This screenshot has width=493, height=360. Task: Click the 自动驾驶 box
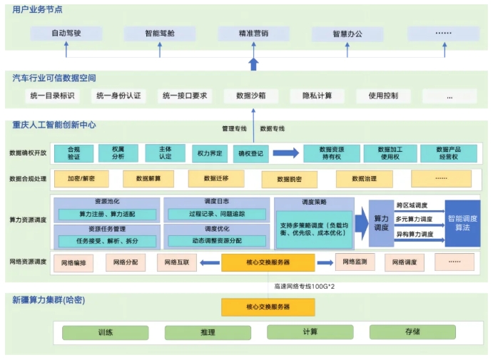(x=67, y=34)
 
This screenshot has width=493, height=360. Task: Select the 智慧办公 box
(x=347, y=34)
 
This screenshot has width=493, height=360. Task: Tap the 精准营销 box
(x=253, y=34)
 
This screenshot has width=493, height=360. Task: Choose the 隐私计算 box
(x=317, y=96)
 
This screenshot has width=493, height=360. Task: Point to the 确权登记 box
(x=250, y=153)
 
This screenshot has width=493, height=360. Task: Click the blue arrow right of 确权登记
(x=285, y=153)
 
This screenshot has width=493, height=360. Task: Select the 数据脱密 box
(x=290, y=179)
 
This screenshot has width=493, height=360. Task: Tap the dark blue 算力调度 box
(x=381, y=222)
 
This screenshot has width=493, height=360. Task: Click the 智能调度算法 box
(x=462, y=222)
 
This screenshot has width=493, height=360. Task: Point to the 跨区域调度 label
(x=412, y=205)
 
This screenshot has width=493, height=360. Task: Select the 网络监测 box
(x=355, y=262)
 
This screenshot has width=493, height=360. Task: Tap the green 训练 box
(x=106, y=332)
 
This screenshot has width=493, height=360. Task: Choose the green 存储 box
(x=412, y=332)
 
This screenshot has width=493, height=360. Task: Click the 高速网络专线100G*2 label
(x=305, y=286)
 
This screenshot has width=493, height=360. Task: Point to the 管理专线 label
(x=234, y=129)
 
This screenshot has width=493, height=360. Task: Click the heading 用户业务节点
(x=36, y=10)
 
